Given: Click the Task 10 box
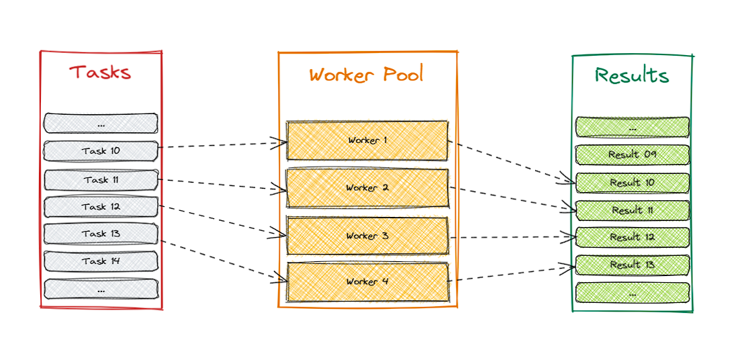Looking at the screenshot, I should point(101,151).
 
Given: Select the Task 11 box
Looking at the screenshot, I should point(101,180).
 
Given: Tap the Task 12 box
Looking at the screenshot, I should point(101,207).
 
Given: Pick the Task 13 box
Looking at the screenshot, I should point(101,234).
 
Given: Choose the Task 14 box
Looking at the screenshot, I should point(101,261).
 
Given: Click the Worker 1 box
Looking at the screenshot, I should point(367,140).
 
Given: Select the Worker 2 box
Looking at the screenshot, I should point(367,188).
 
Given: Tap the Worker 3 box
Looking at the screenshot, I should point(367,236).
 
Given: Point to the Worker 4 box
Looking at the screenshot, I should point(367,281).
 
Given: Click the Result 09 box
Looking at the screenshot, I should point(632,154).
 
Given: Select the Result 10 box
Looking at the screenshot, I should point(632,183).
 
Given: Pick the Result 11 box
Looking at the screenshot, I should point(632,210).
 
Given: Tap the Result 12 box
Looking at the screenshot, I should point(632,237).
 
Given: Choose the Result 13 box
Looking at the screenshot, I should point(632,265).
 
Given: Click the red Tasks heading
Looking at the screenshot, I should point(100,72).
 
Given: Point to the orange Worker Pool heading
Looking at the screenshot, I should point(367,74).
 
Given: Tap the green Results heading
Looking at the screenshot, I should point(632,75).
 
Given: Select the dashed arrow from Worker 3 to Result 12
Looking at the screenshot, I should point(510,237).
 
